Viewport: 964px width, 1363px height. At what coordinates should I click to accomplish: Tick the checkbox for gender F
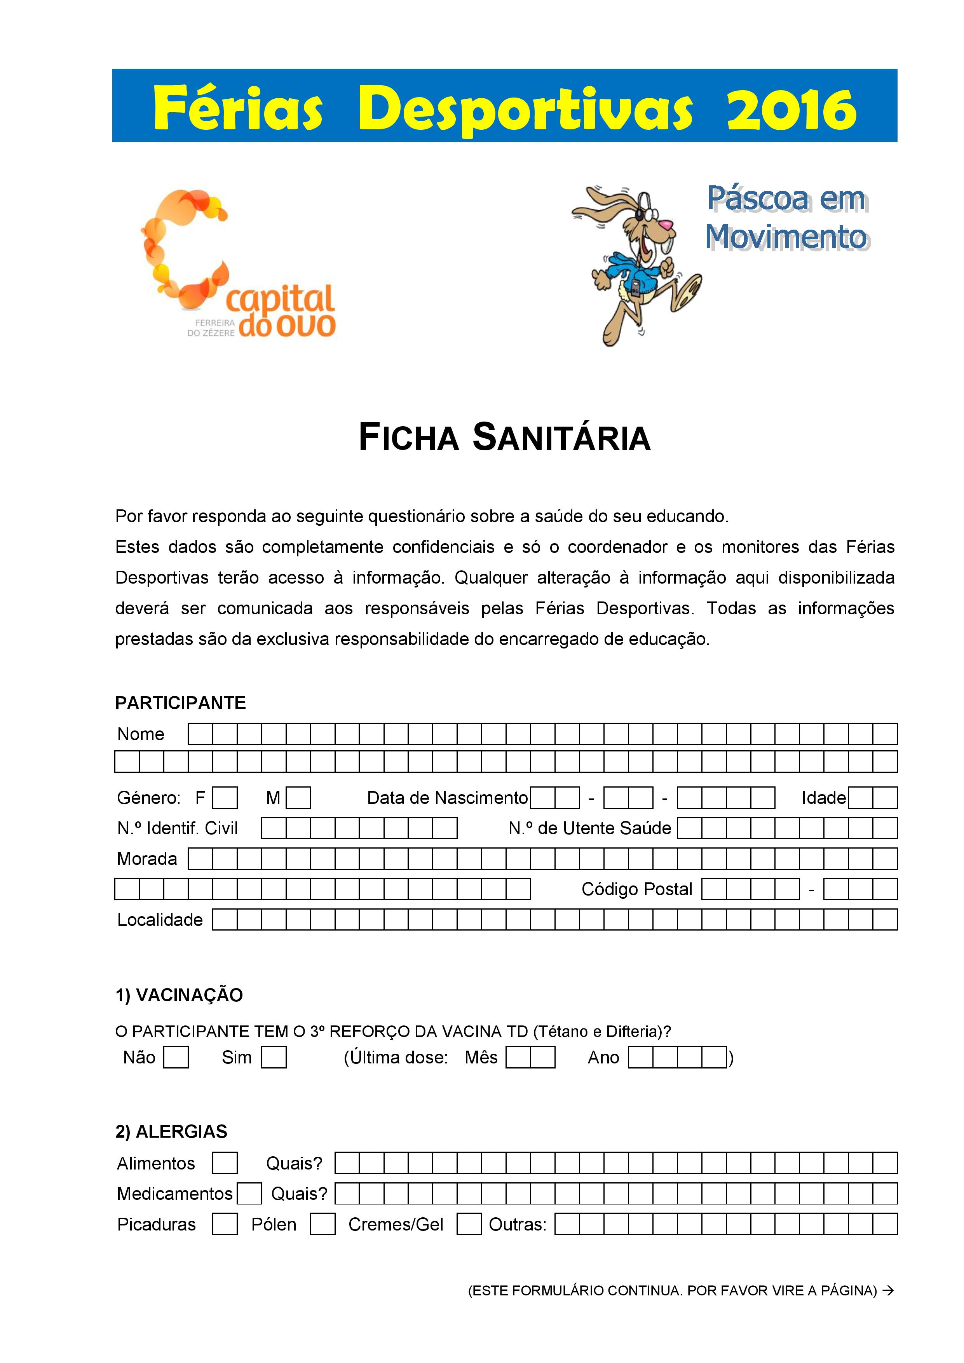[225, 798]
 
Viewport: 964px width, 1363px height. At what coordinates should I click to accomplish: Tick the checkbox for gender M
[298, 798]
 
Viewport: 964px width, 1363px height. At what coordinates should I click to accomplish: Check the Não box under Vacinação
[176, 1057]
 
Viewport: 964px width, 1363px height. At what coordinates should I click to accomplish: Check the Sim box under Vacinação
[274, 1057]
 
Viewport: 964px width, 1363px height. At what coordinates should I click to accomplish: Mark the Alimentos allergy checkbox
[225, 1163]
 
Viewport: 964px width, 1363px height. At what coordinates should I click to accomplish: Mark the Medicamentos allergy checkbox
[249, 1193]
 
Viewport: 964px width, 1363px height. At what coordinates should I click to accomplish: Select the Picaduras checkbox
[225, 1224]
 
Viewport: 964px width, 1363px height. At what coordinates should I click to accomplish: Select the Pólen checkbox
[322, 1224]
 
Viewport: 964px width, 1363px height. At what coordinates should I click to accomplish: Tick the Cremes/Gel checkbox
[469, 1224]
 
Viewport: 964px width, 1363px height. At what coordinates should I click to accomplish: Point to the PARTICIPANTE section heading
[180, 703]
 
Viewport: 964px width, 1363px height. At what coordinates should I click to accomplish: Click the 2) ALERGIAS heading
[172, 1131]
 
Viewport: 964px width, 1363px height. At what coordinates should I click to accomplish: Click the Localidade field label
[160, 920]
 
